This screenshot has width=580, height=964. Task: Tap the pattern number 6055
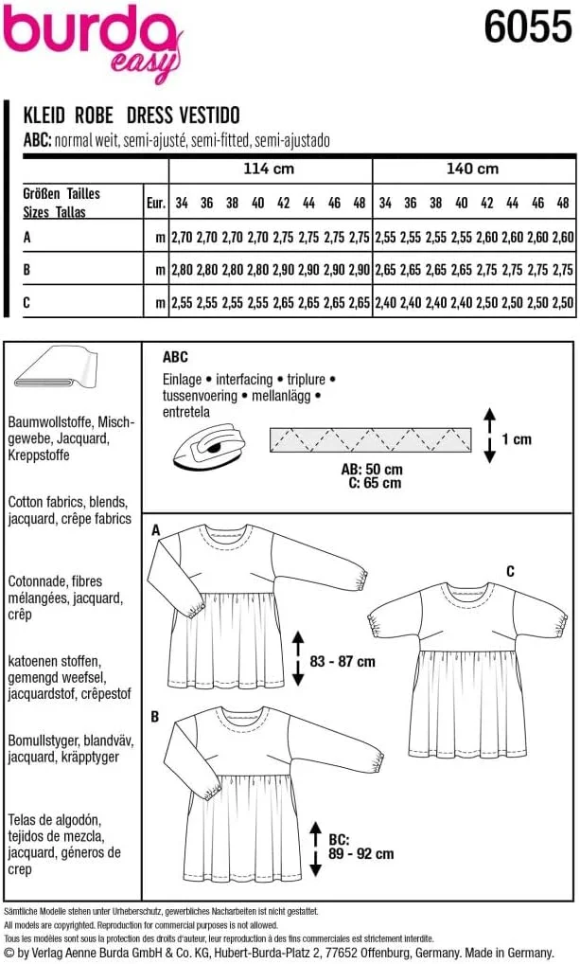tap(527, 29)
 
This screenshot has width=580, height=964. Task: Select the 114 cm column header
tap(272, 170)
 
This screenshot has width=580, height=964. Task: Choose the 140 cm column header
tap(473, 170)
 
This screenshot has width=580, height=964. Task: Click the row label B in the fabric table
tap(27, 270)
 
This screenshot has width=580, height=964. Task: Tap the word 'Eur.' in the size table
tap(156, 203)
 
